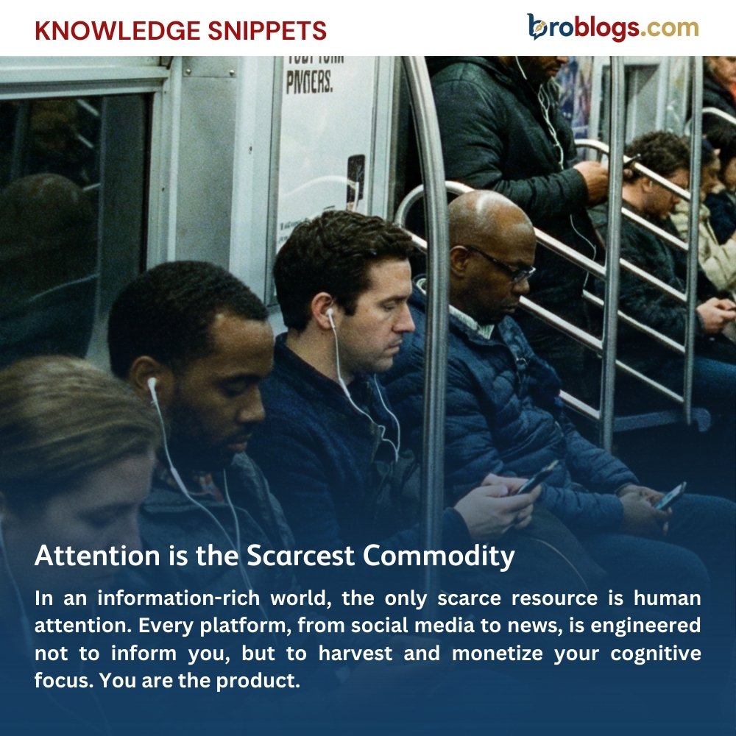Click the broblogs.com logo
pos(612,28)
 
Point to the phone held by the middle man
pos(537,477)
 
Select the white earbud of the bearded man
pos(152,384)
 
